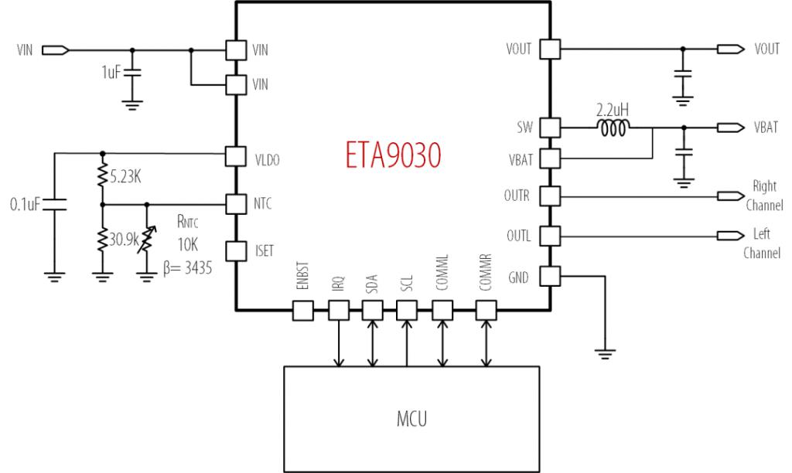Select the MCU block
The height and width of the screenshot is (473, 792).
click(x=411, y=419)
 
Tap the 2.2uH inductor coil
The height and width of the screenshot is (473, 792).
click(x=616, y=127)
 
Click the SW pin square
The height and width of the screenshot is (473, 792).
click(x=549, y=127)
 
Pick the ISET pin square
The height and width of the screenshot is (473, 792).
click(x=235, y=250)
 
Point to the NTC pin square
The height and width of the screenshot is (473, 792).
click(x=235, y=204)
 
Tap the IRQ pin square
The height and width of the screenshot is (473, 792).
click(x=338, y=311)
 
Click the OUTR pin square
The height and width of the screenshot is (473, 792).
click(x=549, y=196)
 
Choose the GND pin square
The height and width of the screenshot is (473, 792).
click(x=549, y=276)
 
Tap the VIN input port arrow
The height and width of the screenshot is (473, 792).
click(x=55, y=50)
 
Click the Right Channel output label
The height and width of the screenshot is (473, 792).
click(x=763, y=196)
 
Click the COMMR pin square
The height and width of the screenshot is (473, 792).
click(x=485, y=311)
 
